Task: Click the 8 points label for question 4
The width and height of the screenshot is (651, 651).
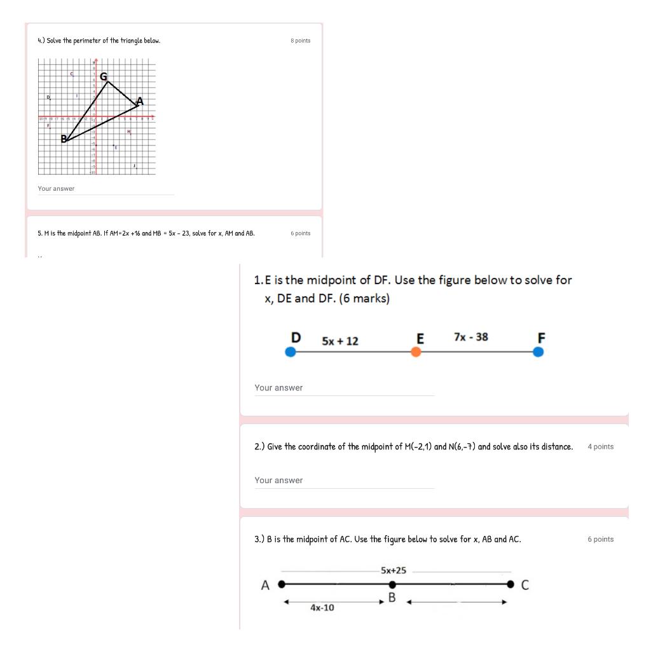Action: point(300,41)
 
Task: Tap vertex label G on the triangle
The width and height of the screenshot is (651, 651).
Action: point(102,76)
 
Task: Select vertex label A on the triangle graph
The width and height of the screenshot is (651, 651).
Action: point(140,101)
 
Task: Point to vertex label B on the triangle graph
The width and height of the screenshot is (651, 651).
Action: point(64,139)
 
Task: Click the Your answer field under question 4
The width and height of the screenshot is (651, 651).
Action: point(105,189)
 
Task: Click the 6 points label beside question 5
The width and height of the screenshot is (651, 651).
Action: point(300,233)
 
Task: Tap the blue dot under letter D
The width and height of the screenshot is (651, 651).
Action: point(291,352)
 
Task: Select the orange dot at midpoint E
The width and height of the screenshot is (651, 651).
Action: point(416,352)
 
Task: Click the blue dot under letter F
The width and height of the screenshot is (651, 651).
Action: point(538,352)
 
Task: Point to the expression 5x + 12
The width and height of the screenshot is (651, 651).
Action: point(340,341)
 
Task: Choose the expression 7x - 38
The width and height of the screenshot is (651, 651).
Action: point(471,337)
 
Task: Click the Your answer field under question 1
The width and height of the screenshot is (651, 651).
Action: point(344,388)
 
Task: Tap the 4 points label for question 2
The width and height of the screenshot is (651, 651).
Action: point(600,447)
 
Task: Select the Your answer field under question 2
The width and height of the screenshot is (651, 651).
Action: point(344,481)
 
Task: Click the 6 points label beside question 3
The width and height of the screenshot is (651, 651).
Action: point(600,539)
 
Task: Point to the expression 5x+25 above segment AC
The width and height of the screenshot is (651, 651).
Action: point(394,570)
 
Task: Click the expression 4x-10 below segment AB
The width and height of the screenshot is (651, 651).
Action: point(322,608)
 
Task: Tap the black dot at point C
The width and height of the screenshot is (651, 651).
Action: point(509,584)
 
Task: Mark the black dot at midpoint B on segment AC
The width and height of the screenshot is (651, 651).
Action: point(392,584)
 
